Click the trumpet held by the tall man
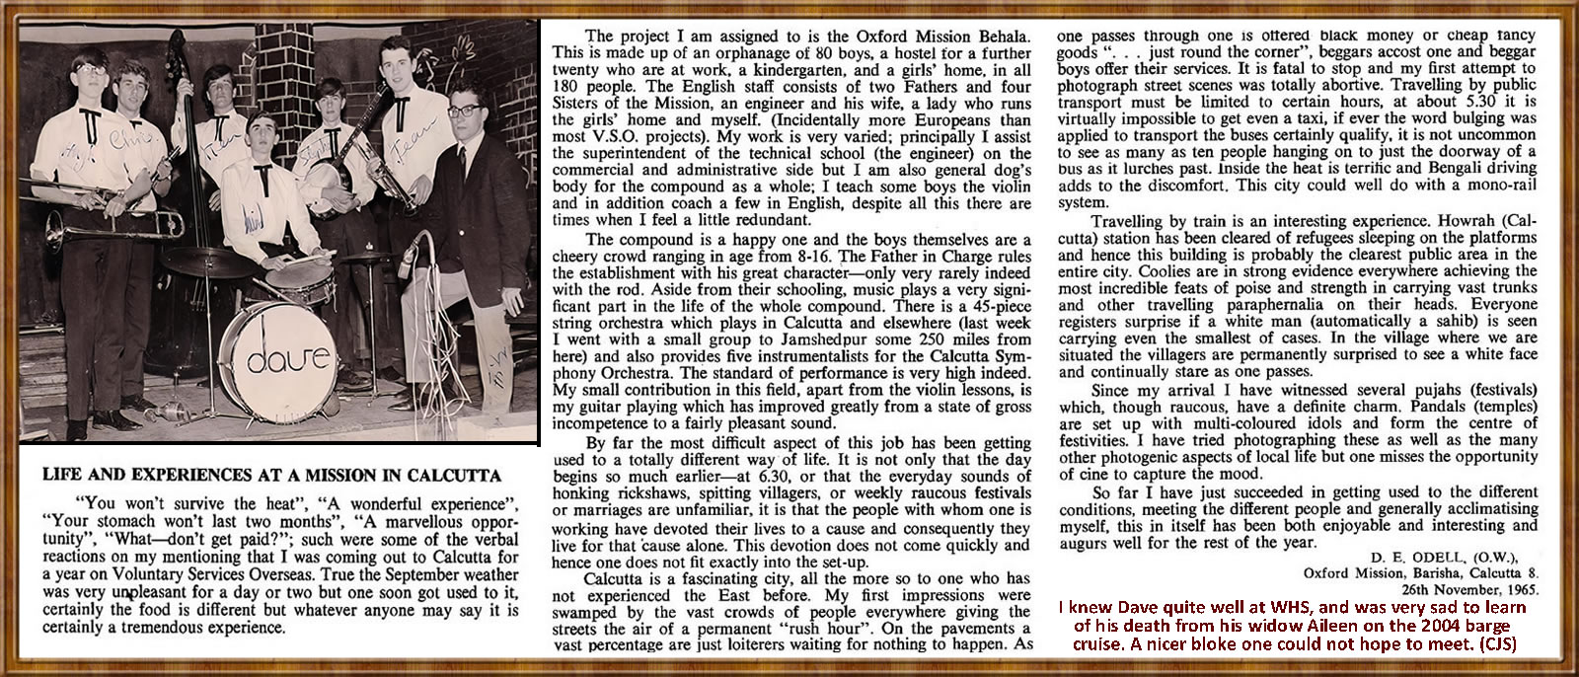click(x=404, y=168)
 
